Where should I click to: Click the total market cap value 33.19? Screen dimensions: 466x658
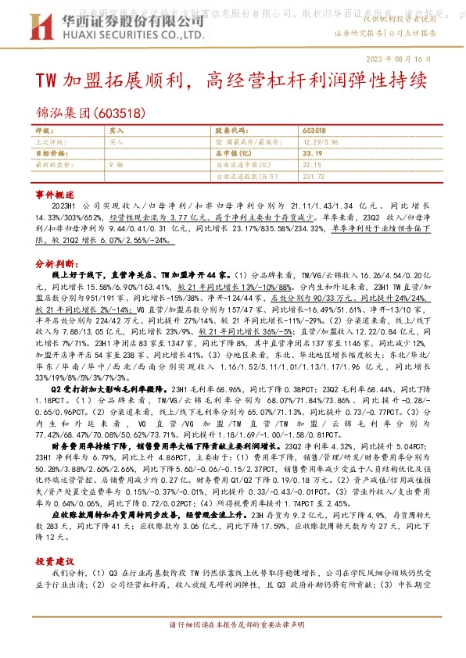(x=312, y=154)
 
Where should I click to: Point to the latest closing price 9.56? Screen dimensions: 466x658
(x=116, y=165)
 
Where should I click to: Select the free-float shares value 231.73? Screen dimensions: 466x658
(x=314, y=177)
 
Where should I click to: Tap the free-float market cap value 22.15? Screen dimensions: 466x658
(x=311, y=165)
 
